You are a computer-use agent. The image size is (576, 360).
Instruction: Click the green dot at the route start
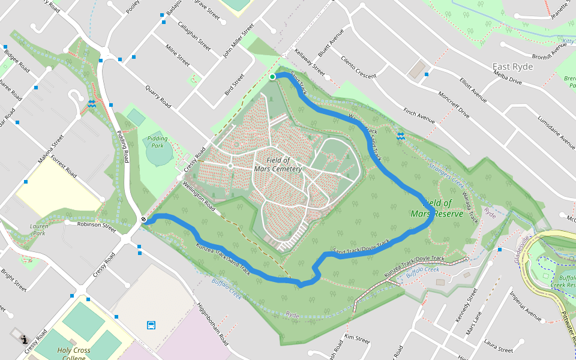pyautogui.click(x=272, y=77)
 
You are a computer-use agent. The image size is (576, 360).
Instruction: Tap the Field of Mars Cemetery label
pyautogui.click(x=278, y=165)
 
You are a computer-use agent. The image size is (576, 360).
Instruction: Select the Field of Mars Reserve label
pyautogui.click(x=437, y=208)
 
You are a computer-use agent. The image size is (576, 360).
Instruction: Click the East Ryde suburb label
pyautogui.click(x=512, y=67)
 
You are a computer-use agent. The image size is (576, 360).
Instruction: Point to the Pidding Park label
pyautogui.click(x=157, y=142)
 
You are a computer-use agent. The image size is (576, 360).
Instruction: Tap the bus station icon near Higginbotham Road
pyautogui.click(x=151, y=325)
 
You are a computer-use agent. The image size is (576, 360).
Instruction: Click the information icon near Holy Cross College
pyautogui.click(x=24, y=339)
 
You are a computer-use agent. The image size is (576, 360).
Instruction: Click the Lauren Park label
pyautogui.click(x=39, y=230)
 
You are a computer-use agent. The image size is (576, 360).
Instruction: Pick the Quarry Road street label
pyautogui.click(x=158, y=96)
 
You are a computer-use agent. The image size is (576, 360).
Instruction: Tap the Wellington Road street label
pyautogui.click(x=199, y=195)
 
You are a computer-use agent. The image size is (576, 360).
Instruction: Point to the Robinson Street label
pyautogui.click(x=97, y=226)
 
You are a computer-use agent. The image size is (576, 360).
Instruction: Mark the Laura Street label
pyautogui.click(x=498, y=347)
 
